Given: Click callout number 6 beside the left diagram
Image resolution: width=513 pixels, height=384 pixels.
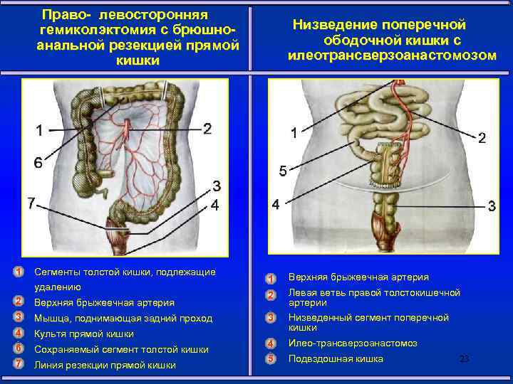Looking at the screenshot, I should click(38, 163).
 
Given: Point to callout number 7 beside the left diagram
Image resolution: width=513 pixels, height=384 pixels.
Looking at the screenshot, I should click(31, 203).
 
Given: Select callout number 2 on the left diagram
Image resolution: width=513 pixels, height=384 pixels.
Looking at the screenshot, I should click(207, 129).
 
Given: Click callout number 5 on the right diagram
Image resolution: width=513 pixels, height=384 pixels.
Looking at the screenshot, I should click(283, 171).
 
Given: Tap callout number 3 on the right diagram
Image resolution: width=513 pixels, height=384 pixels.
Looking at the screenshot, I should click(492, 206).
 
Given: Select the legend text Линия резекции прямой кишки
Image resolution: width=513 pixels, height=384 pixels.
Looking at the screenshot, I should click(105, 365).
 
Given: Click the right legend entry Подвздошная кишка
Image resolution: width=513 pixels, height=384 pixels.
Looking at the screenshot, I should click(336, 359).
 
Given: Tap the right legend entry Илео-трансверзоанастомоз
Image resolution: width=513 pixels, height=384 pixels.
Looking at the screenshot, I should click(353, 343).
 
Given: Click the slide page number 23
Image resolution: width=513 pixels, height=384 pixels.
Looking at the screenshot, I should click(464, 359).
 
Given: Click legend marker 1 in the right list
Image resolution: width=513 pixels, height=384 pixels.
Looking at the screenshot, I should click(271, 278).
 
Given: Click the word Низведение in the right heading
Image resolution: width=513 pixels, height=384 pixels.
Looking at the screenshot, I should click(329, 25).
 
